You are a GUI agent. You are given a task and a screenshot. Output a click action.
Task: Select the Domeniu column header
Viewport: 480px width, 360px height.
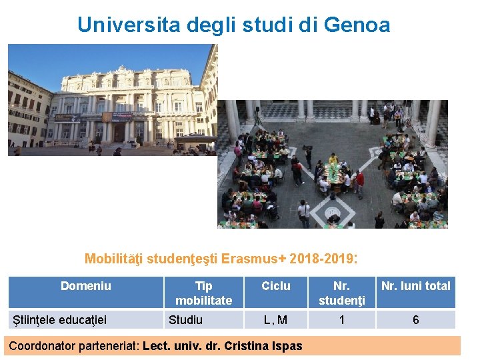86,286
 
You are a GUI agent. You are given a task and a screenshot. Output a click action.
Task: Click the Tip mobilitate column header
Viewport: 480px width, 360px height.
203,293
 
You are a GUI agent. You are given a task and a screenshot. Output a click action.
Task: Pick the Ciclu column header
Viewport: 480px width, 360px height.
276,286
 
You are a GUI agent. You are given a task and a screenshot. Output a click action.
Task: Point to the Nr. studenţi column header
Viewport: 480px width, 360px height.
342,293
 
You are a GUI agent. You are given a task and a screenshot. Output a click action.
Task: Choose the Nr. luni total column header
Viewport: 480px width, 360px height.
416,286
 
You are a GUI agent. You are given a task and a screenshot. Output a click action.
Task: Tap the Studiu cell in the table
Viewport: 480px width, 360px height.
185,319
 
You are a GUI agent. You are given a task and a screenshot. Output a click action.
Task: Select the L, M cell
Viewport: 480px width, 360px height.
276,320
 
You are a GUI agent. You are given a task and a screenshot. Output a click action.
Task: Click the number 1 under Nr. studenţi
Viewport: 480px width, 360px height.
342,320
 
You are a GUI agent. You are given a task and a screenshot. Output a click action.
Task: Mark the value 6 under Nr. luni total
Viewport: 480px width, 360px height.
416,320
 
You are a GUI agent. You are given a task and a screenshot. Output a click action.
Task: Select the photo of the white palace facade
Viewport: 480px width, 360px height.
113,100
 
